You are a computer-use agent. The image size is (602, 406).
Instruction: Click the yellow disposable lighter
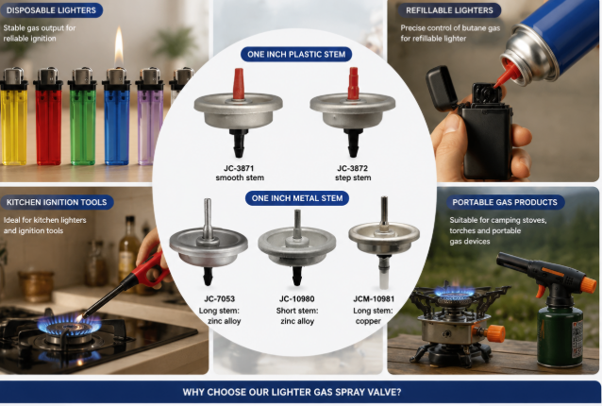click(14, 117)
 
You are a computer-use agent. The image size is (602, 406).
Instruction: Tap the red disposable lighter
click(48, 117)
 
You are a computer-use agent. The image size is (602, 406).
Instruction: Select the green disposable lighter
click(82, 117)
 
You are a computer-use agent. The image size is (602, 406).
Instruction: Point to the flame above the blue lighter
click(119, 45)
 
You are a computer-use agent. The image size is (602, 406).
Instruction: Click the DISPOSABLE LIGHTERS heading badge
click(52, 10)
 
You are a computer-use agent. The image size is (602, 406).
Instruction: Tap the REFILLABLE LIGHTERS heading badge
click(449, 10)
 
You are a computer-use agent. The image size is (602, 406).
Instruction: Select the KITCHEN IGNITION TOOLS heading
click(57, 202)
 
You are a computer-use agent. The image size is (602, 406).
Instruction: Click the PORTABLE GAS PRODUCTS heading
click(505, 202)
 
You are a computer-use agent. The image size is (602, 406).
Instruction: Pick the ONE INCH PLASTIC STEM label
click(296, 54)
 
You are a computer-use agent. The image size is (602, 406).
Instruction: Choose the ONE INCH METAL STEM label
click(297, 198)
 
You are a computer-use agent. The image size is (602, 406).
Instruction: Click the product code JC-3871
click(239, 168)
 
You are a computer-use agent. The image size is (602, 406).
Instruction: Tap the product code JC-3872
click(353, 168)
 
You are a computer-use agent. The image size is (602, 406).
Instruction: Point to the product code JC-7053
click(219, 298)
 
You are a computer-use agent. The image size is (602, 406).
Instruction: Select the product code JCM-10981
click(374, 298)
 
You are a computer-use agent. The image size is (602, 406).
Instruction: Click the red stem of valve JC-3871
click(239, 84)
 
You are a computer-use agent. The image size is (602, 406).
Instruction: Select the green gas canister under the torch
click(560, 337)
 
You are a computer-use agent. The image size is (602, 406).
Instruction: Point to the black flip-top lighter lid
click(442, 88)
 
